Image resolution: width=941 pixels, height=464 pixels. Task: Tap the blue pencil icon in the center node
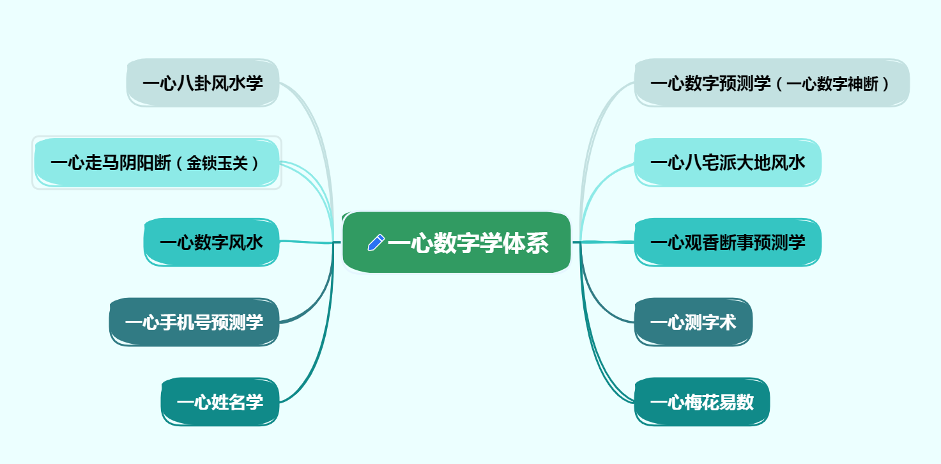376,243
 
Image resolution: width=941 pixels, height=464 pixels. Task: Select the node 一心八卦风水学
203,83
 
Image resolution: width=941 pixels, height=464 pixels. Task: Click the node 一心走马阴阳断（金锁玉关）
157,163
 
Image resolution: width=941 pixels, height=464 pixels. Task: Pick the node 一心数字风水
211,243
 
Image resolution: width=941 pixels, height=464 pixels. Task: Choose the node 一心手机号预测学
194,322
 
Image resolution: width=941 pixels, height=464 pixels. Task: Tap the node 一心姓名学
220,402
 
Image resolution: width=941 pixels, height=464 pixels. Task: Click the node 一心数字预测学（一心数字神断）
771,83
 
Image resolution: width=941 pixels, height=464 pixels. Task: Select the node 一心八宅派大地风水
727,163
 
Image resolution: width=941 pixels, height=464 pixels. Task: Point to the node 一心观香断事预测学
727,243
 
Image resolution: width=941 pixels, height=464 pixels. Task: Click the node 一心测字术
693,322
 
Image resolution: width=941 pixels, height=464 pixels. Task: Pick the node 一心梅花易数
701,402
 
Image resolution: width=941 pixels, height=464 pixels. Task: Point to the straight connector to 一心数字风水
307,242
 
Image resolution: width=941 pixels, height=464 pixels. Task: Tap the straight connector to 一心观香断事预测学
607,242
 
